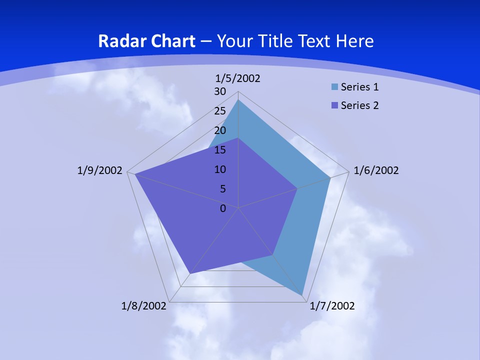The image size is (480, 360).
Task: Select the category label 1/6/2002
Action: [x=376, y=170]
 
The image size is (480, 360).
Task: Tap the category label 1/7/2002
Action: [x=332, y=305]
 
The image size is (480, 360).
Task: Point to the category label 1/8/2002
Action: [x=143, y=305]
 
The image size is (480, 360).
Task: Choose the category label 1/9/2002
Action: [x=100, y=170]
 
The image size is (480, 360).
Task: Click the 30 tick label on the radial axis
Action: [x=220, y=91]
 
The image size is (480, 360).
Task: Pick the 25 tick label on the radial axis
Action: [x=220, y=111]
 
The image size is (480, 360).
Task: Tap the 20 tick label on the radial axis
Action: [x=220, y=130]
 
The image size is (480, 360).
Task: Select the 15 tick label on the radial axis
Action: [x=220, y=150]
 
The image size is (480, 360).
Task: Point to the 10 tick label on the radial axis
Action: [x=220, y=169]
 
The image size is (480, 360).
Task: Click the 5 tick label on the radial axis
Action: [x=222, y=189]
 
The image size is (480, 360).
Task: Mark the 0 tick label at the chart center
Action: [x=222, y=208]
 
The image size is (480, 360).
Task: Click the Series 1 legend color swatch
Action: [x=334, y=87]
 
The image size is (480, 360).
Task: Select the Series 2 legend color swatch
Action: [x=334, y=105]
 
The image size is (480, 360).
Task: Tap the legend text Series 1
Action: [x=359, y=87]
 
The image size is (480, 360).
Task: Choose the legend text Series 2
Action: [x=359, y=105]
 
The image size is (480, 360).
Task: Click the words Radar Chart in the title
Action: [x=146, y=41]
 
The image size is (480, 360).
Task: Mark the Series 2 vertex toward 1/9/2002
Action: [x=135, y=174]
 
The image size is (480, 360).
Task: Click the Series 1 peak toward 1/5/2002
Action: [x=238, y=100]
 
